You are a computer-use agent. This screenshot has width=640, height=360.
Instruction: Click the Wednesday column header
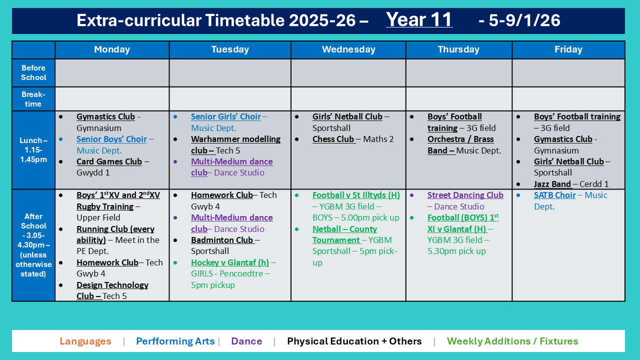[348, 49]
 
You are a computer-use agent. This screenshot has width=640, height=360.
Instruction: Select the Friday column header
[568, 49]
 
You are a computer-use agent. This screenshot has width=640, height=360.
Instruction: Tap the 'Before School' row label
[33, 72]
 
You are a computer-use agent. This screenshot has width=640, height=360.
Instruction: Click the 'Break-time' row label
[33, 99]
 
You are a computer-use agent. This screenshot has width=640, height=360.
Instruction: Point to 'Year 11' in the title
[419, 20]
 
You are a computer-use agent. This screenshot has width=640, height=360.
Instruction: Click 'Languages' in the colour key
[85, 341]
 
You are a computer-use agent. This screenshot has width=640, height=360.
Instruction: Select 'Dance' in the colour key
[246, 341]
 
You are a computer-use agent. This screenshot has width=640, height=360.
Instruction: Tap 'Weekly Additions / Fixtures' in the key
[512, 341]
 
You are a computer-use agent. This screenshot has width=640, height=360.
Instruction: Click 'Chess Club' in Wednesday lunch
[333, 139]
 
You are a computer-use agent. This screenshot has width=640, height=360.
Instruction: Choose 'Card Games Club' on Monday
[109, 161]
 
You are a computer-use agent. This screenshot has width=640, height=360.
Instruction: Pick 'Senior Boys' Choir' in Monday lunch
[111, 139]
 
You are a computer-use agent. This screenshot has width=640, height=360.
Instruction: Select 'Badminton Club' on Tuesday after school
[222, 240]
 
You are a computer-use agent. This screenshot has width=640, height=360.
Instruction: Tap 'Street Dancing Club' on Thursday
[465, 195]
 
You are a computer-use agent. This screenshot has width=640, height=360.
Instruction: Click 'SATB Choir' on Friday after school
[554, 195]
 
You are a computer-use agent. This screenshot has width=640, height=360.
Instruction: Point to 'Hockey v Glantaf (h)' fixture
[229, 262]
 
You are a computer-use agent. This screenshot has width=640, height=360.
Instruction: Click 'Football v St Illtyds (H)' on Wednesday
[356, 195]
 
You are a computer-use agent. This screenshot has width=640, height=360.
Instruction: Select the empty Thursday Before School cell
[458, 72]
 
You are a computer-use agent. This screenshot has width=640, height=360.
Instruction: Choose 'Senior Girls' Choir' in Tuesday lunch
[225, 116]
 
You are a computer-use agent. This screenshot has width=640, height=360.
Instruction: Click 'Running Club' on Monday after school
[115, 229]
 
